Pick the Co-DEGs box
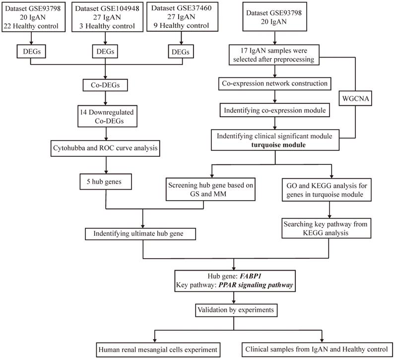coord(105,86)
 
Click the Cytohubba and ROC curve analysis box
coord(105,147)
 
